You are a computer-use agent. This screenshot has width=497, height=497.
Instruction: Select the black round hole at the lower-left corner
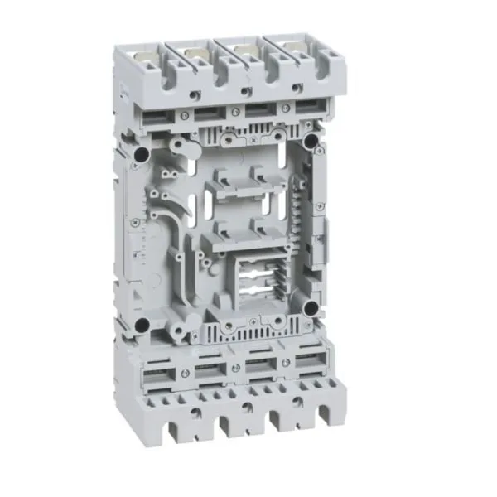[x=143, y=323]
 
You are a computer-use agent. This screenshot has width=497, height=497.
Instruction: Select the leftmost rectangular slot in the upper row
[x=157, y=119]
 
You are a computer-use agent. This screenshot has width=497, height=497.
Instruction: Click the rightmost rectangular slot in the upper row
[x=310, y=105]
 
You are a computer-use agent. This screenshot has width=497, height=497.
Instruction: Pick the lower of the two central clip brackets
[x=234, y=236]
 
